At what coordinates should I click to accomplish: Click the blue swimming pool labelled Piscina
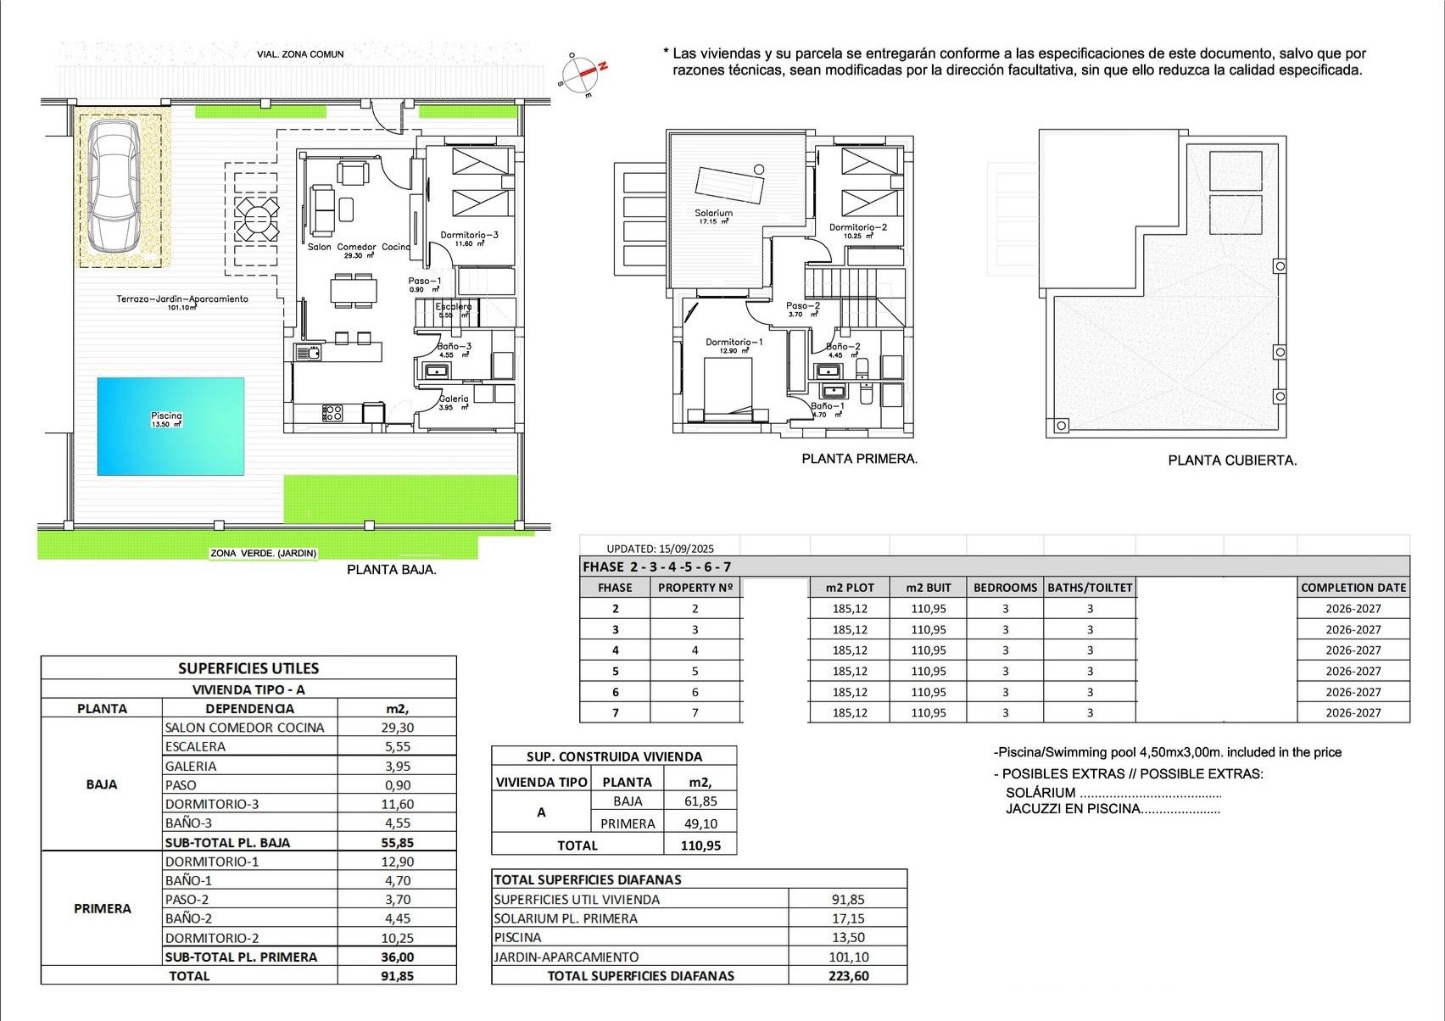(170, 426)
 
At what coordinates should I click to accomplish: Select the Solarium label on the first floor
(713, 214)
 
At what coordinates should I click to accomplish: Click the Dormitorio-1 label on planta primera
(734, 343)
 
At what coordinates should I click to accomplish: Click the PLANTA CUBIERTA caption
(1232, 460)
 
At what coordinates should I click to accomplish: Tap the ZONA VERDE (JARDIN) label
(263, 553)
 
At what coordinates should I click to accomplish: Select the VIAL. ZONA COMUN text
(300, 54)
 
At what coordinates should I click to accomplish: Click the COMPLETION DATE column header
(1353, 587)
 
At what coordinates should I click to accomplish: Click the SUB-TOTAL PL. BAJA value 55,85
(397, 842)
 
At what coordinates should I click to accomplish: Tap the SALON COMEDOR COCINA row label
(244, 728)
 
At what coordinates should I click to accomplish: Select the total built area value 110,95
(699, 845)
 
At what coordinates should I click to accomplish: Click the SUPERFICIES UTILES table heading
(248, 668)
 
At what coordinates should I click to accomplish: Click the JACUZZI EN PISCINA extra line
(1113, 808)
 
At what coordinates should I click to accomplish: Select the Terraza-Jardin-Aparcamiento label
(182, 298)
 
